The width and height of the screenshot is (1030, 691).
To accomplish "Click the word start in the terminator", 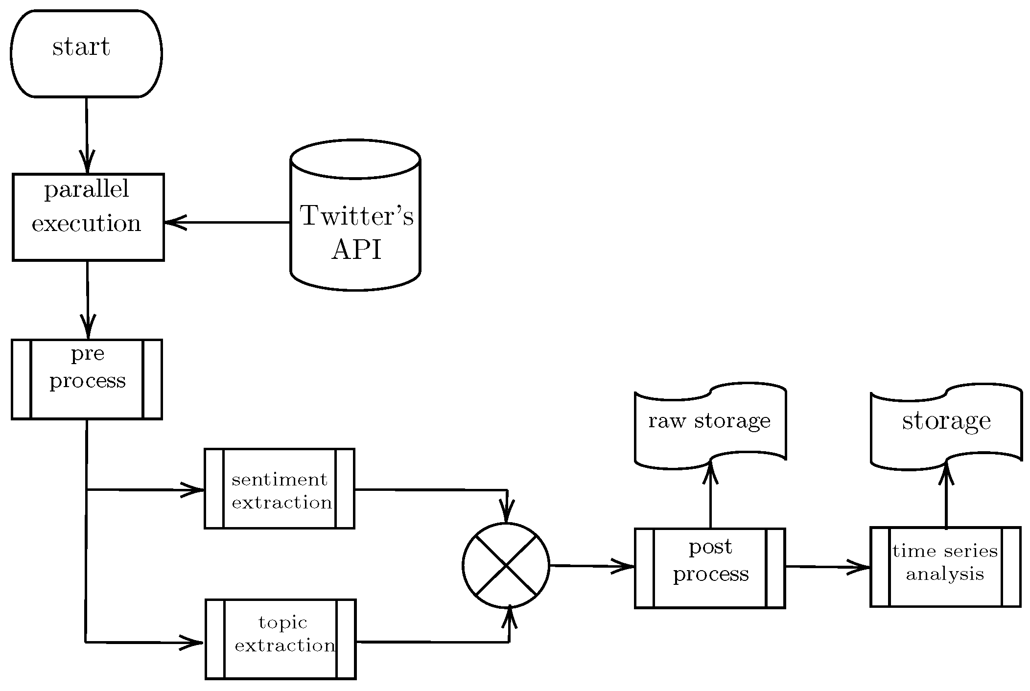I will [x=81, y=47].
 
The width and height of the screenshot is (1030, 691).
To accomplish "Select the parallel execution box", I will [x=88, y=217].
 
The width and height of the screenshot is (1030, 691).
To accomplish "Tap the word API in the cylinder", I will [x=356, y=250].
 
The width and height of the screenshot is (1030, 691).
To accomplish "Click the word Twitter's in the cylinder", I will [x=357, y=216].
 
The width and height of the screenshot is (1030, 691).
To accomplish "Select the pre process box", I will [x=87, y=379].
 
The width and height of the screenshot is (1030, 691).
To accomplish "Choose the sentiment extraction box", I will [x=280, y=488].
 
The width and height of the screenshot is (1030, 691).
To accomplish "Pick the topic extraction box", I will [x=281, y=639].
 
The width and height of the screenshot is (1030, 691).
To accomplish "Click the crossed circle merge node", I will [x=506, y=565].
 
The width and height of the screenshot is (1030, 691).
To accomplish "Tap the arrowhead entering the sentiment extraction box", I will [x=193, y=489].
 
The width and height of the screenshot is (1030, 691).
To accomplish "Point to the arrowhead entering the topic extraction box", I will [x=192, y=642].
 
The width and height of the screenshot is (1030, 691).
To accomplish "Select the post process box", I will [x=710, y=568].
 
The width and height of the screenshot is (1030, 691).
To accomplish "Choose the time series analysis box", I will [x=945, y=567].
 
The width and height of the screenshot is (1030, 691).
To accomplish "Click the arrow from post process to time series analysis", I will [x=827, y=567].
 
